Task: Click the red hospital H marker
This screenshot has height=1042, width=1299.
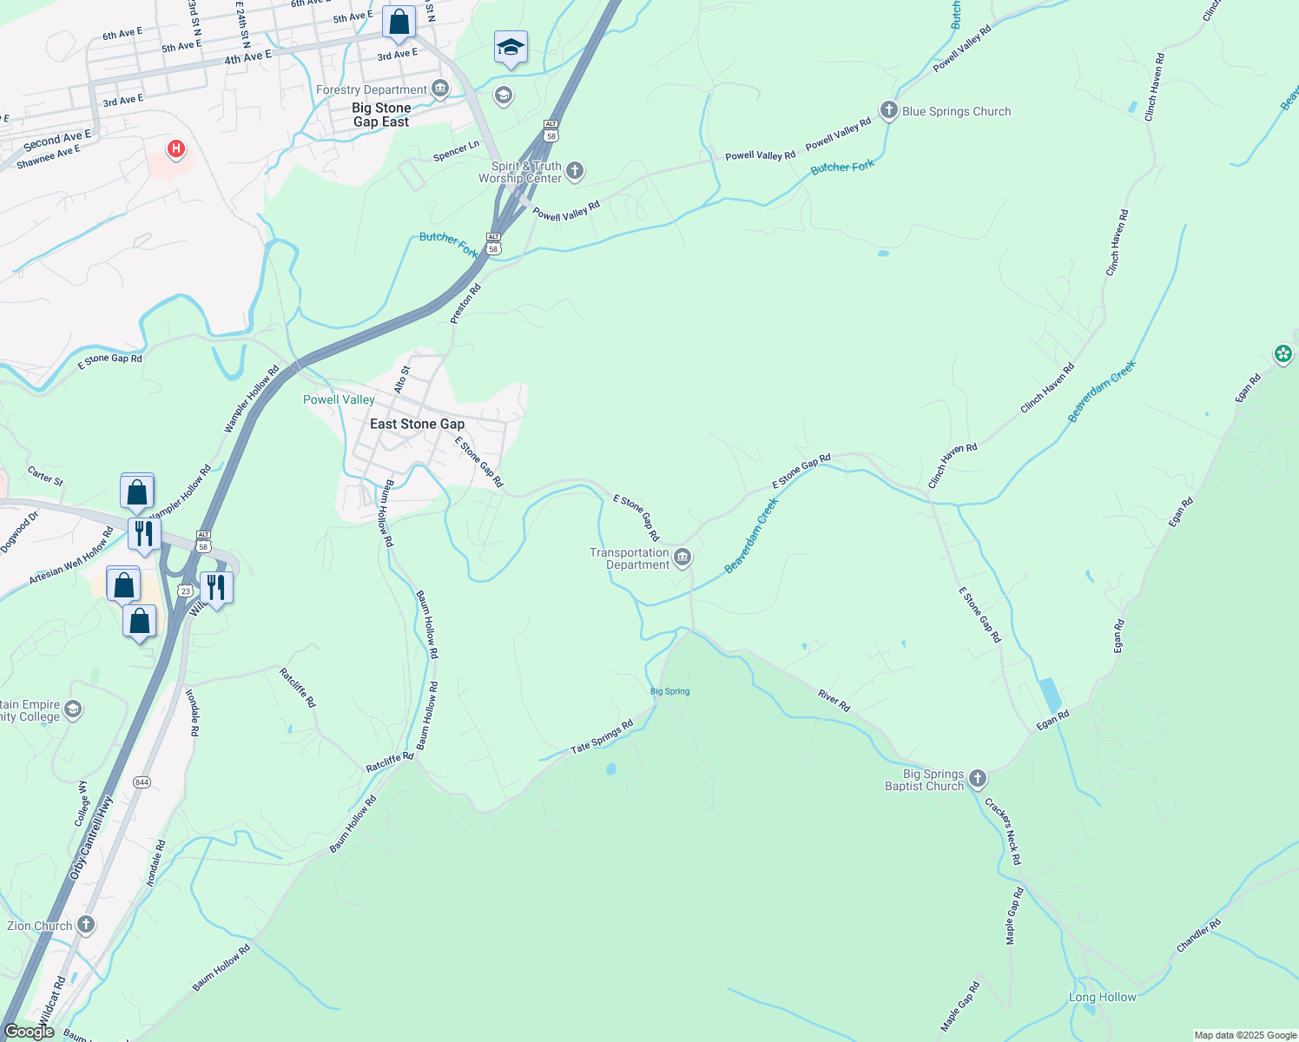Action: coord(176,149)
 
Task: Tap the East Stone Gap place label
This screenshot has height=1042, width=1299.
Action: coord(417,424)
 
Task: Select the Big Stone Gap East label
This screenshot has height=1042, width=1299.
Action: coord(381,115)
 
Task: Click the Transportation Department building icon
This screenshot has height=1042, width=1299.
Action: coord(682,557)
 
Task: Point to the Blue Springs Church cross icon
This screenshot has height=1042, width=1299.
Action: coord(888,110)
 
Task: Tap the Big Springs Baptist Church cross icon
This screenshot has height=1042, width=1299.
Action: coord(978,778)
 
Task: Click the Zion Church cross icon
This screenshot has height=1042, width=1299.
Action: coord(86,924)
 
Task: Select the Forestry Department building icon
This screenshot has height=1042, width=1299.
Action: coord(440,89)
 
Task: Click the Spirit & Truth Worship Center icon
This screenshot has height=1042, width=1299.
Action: coord(575,171)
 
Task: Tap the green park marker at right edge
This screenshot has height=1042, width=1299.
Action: coord(1283,353)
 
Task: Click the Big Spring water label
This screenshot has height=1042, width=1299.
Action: coord(669,691)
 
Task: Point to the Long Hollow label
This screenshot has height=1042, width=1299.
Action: coord(1102,997)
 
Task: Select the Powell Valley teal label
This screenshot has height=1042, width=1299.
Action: coord(339,399)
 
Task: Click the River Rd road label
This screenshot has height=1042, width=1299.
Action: coord(834,701)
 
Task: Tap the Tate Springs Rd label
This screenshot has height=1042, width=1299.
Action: coord(602,737)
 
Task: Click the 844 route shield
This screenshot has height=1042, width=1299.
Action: coord(142,782)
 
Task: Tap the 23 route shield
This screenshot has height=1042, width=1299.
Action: coord(185,590)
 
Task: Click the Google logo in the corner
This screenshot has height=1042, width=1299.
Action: coord(30,1032)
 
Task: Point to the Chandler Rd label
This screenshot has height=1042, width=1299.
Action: coord(1198,936)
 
